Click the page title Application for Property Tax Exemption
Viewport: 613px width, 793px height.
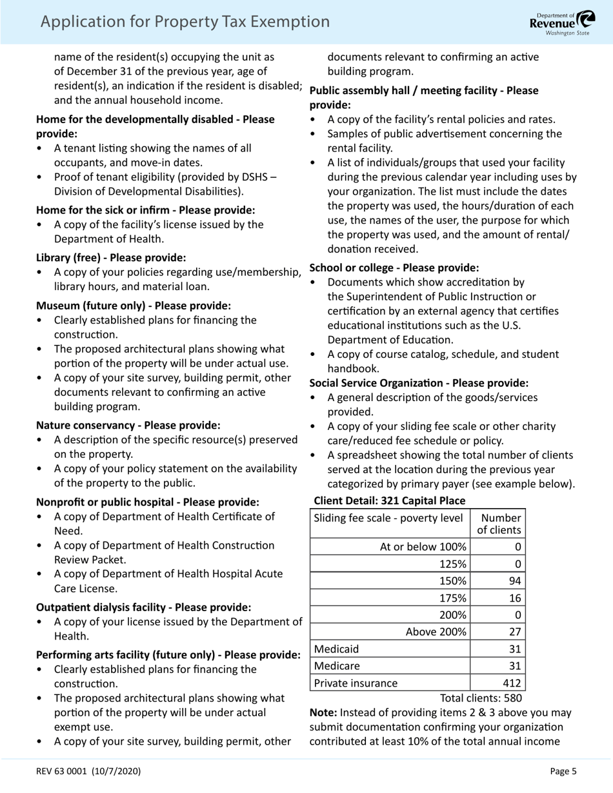pyautogui.click(x=185, y=22)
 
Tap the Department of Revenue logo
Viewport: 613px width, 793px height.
pyautogui.click(x=562, y=23)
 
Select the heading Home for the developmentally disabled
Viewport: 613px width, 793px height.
pyautogui.click(x=155, y=126)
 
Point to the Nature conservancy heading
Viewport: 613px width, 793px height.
pyautogui.click(x=128, y=426)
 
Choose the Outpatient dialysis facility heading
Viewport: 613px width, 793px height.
pyautogui.click(x=143, y=607)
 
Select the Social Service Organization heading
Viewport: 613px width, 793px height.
pyautogui.click(x=419, y=383)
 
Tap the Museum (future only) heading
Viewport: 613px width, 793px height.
pyautogui.click(x=133, y=306)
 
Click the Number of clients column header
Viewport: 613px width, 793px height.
pyautogui.click(x=498, y=524)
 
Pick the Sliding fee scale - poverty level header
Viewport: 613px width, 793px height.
pyautogui.click(x=388, y=518)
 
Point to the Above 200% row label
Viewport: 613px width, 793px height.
pyautogui.click(x=436, y=632)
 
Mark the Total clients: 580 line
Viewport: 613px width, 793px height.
pyautogui.click(x=481, y=698)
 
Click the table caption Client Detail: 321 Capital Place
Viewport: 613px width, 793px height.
pyautogui.click(x=389, y=501)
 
